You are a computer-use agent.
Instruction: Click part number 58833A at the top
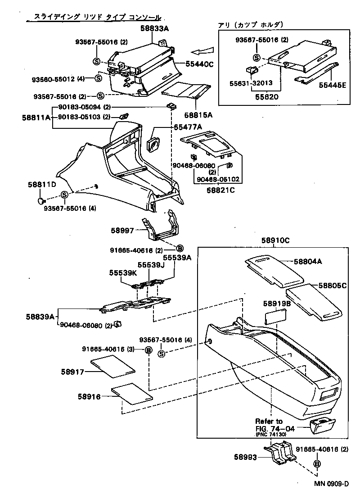tap(154, 28)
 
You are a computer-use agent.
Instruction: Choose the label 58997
tap(122, 230)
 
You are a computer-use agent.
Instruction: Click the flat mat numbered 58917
tap(112, 366)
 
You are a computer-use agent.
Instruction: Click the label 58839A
tap(39, 317)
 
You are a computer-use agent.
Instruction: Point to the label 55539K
tap(122, 273)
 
